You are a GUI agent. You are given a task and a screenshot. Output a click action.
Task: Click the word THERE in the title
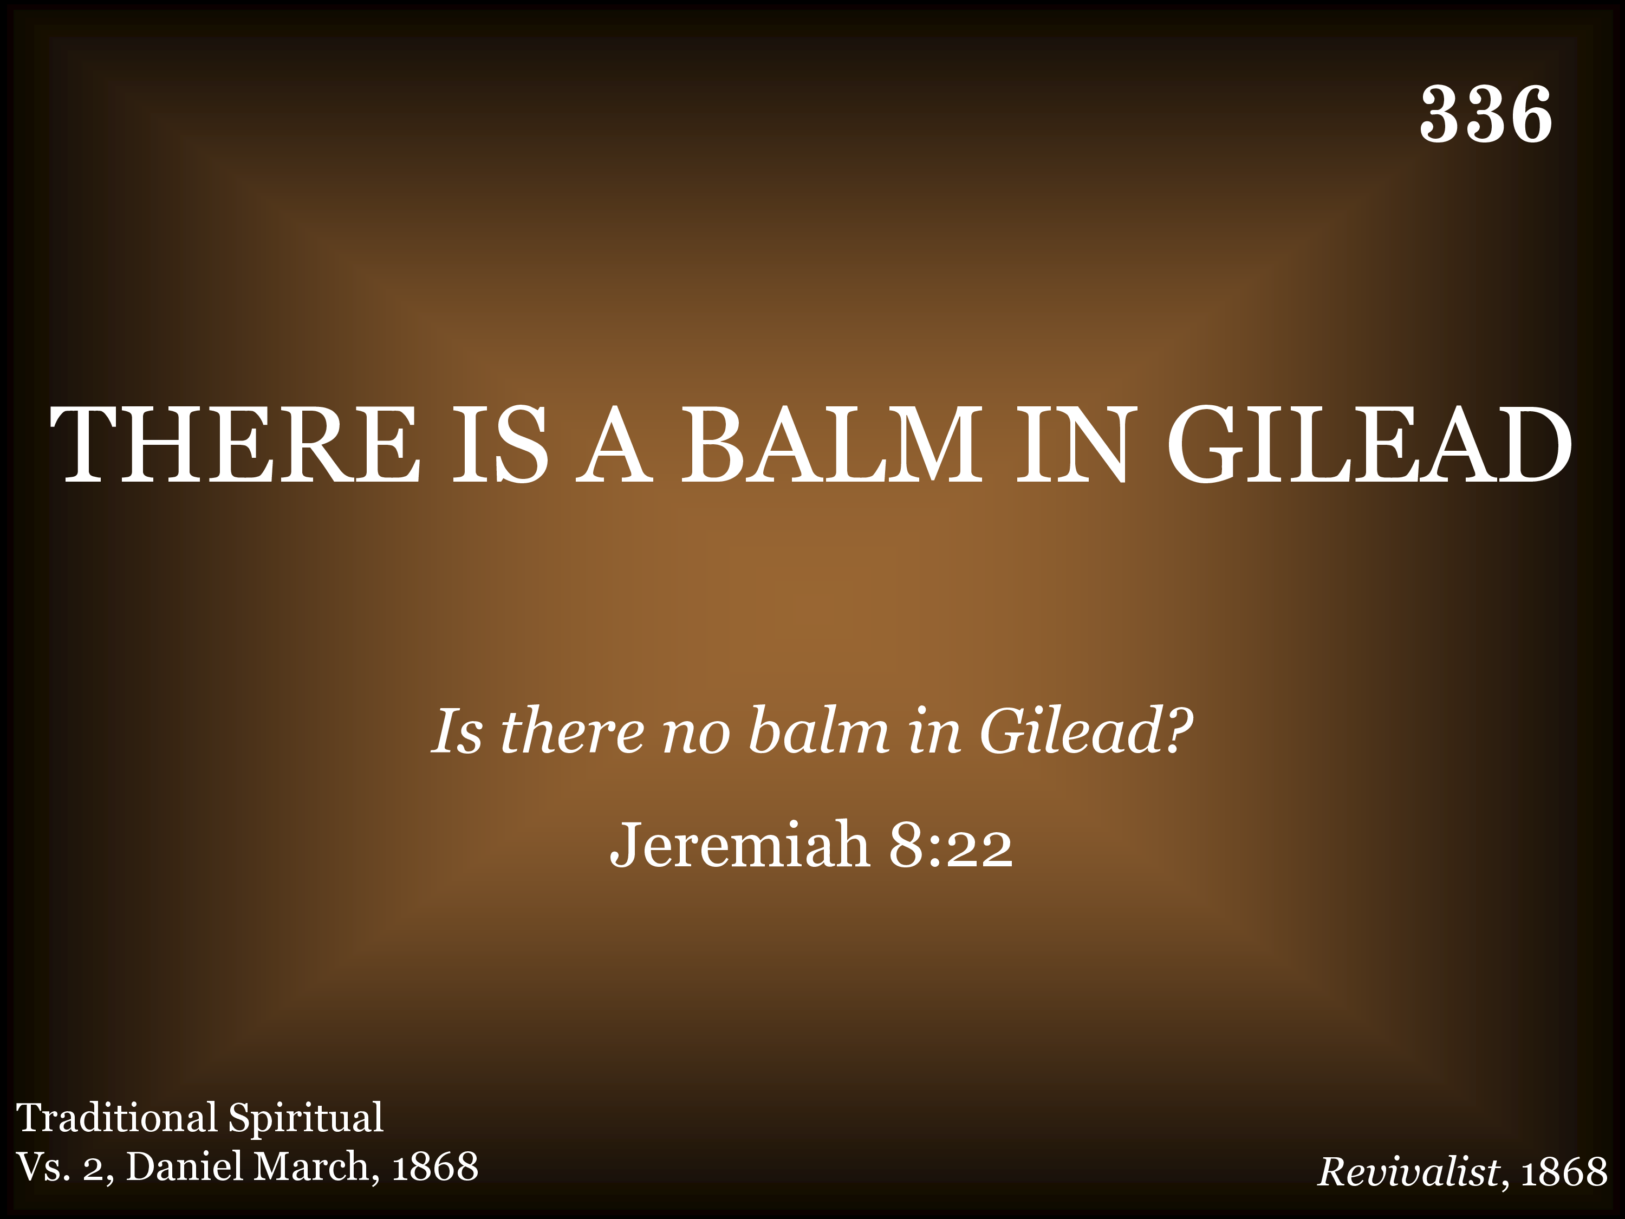tap(235, 445)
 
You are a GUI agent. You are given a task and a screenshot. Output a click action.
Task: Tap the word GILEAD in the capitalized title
tap(1369, 445)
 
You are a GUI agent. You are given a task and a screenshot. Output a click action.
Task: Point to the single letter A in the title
tap(614, 445)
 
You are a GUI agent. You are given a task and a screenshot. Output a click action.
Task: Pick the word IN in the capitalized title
tap(1072, 445)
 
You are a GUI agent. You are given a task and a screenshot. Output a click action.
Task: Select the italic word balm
tap(818, 730)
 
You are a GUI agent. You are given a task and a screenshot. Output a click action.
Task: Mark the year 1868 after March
tap(435, 1168)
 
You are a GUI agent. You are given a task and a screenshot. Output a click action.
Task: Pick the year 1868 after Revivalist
tap(1564, 1172)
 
